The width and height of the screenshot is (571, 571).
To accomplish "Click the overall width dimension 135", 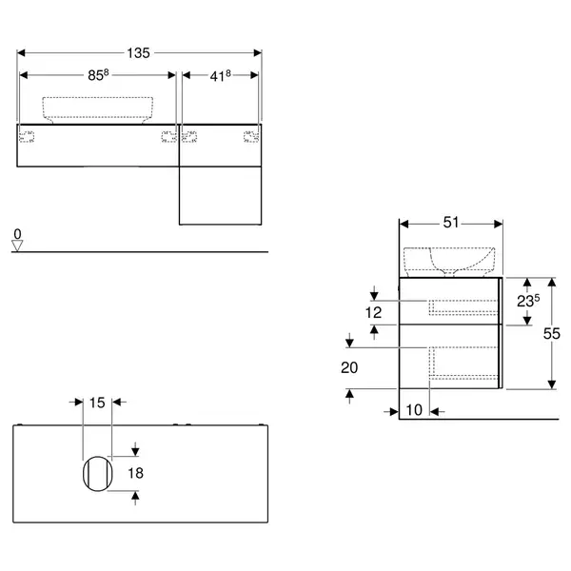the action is point(138,53).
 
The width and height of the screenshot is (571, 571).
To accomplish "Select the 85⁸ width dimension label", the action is point(98,75).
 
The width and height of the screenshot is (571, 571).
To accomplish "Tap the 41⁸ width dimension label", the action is point(221,76).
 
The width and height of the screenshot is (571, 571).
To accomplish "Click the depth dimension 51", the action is point(451,223).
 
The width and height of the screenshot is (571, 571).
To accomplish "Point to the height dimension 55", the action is point(551,334).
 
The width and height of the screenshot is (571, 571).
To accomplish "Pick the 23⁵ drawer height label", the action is point(528,301).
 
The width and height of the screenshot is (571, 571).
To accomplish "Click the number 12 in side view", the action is point(373,312).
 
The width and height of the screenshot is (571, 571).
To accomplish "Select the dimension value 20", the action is point(349,367).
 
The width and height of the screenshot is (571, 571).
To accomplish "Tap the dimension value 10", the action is point(414,410).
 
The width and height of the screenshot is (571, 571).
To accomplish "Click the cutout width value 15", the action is point(97,403).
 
